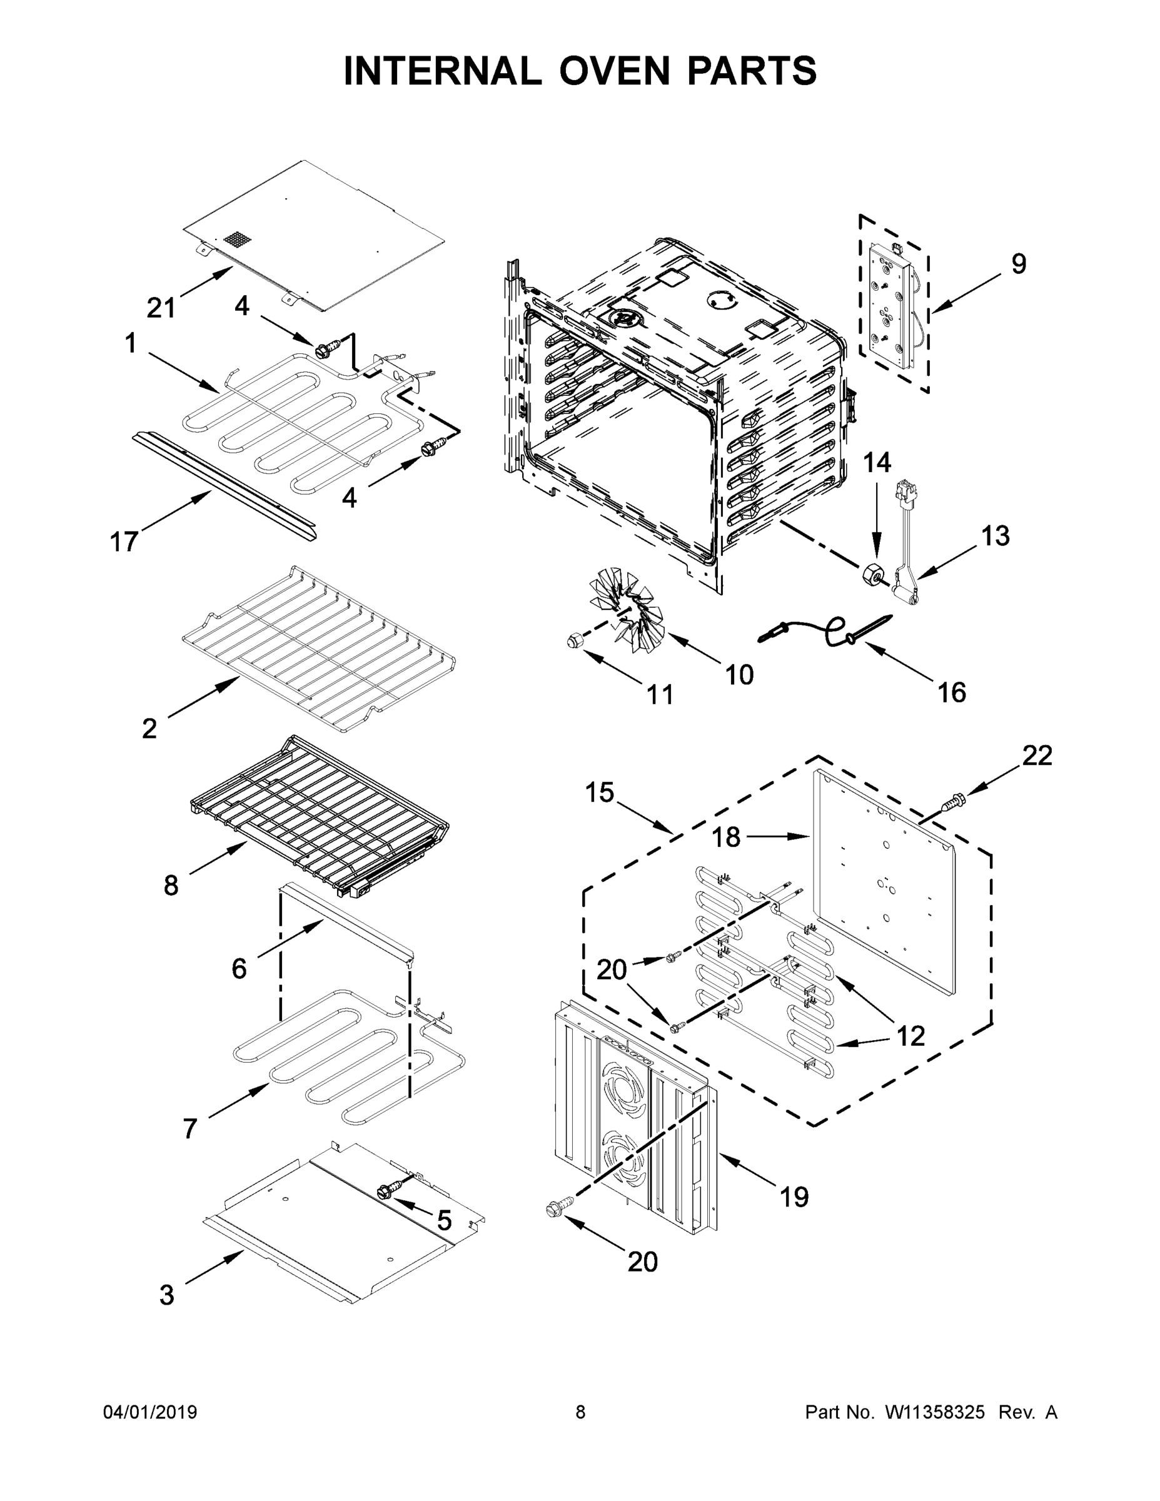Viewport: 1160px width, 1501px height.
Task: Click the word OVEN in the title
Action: point(613,71)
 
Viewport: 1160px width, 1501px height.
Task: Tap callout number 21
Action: point(161,308)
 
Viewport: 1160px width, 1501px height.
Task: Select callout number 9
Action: point(1019,264)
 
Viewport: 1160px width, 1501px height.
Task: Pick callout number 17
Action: point(124,542)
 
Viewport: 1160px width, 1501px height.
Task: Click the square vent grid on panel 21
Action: point(235,240)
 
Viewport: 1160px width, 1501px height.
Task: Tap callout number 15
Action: point(599,792)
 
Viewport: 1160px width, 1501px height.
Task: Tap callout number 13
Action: point(995,535)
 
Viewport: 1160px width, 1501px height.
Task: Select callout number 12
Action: point(911,1036)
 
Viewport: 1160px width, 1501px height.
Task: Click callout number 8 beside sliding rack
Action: point(171,885)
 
